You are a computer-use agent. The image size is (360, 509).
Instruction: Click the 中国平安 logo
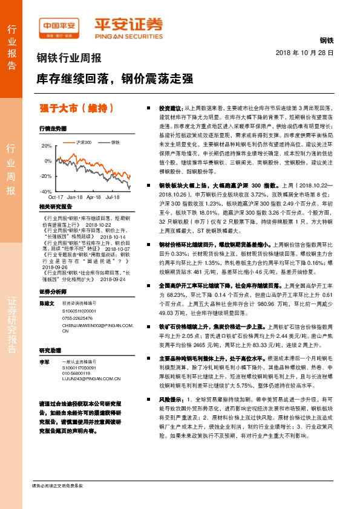pos(59,26)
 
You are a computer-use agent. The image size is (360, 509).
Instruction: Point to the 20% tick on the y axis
pos(47,146)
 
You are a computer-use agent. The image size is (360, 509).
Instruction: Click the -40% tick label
pos(45,191)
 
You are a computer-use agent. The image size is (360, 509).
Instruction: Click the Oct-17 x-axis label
pos(56,197)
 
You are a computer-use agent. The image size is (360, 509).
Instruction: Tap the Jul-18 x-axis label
pos(112,197)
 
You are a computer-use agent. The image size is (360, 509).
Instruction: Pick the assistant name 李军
pos(44,361)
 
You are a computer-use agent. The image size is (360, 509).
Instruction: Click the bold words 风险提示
pos(170,400)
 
